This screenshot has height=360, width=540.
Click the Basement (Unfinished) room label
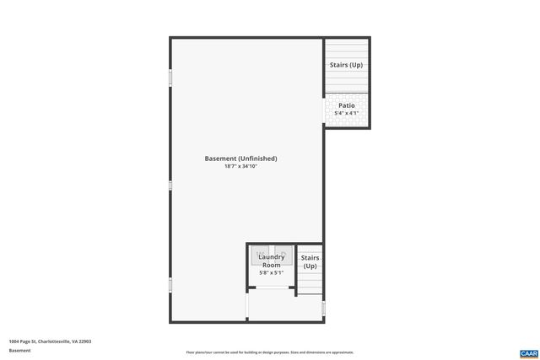240,159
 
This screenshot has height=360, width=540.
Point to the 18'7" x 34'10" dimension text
240,167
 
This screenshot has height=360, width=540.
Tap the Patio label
347,105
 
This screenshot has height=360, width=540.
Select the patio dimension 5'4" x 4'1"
347,113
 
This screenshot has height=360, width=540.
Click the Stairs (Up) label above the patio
346,64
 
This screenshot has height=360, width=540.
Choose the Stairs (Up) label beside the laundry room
310,261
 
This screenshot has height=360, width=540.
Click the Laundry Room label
271,261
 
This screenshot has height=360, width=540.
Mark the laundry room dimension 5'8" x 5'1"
271,272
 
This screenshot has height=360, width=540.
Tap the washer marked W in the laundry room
262,253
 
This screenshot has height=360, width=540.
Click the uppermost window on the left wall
170,78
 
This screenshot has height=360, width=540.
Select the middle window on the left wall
170,185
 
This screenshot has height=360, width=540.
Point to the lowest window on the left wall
170,285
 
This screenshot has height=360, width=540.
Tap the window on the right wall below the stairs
323,309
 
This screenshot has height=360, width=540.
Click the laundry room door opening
271,288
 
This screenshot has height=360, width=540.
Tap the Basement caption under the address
19,350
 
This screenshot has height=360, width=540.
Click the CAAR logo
528,352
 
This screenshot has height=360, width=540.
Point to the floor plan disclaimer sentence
270,352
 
